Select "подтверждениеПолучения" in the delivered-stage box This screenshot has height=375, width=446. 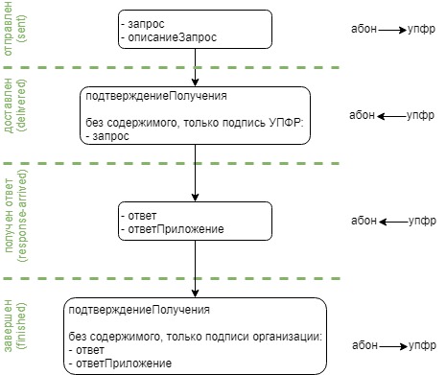pos(145,97)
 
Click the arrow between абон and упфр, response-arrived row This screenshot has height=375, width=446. pos(393,221)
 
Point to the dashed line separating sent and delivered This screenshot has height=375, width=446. pos(221,67)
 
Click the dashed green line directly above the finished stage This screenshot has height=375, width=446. pos(221,279)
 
